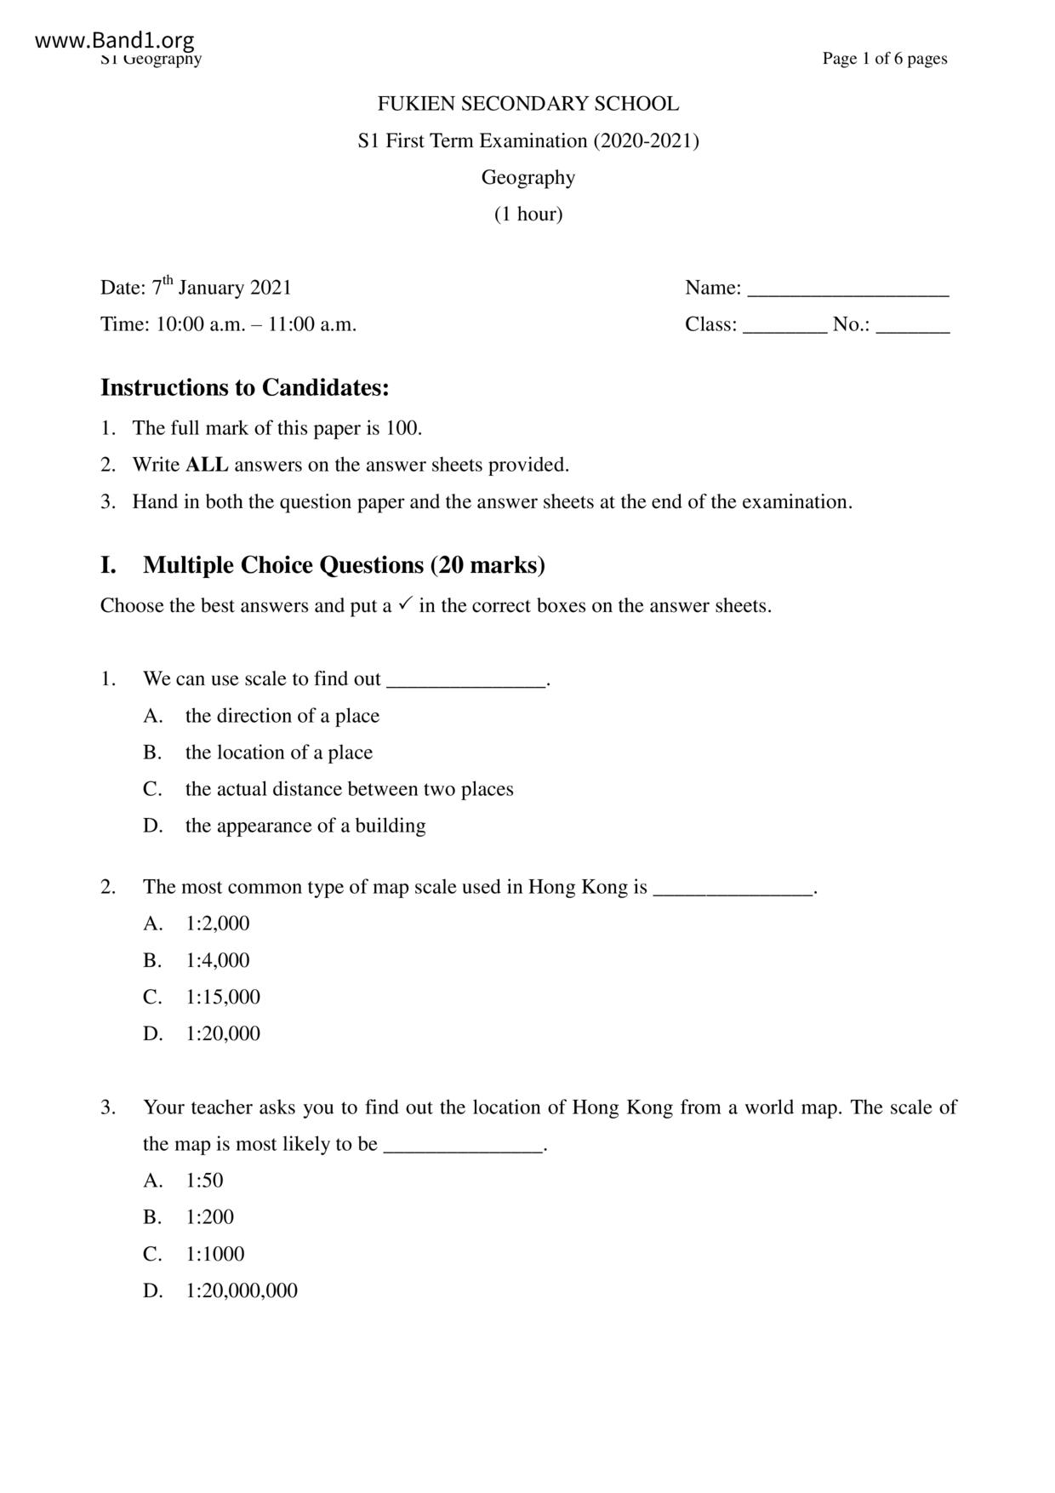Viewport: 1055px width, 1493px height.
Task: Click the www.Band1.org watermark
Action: point(115,40)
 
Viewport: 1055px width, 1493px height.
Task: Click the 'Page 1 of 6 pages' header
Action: point(884,59)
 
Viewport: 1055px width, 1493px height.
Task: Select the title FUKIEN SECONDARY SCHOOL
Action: point(527,104)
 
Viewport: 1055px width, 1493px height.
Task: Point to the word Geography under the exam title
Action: point(527,177)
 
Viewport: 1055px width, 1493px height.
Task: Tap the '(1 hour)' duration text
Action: point(527,214)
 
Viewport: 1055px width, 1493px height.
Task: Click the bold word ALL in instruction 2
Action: point(207,465)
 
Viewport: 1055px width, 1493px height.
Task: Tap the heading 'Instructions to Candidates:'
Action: point(245,388)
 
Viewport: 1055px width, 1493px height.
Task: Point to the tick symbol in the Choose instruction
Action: point(405,603)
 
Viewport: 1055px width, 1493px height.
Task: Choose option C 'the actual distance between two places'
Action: point(349,789)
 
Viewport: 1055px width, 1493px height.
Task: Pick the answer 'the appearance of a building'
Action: point(305,826)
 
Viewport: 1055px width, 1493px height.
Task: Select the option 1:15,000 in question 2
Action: point(223,997)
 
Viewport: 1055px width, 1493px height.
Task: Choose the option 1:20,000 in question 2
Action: point(223,1033)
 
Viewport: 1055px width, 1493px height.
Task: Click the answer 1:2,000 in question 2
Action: point(218,924)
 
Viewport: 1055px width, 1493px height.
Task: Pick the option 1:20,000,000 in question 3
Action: point(242,1290)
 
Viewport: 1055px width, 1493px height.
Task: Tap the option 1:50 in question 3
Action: point(204,1181)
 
